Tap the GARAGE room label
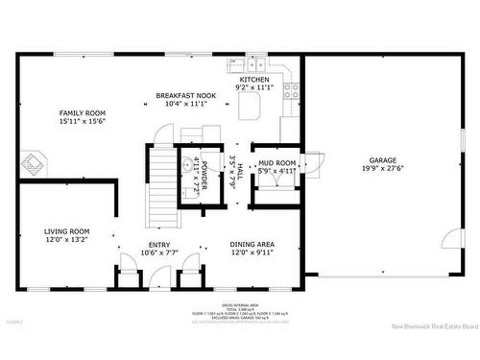[382, 160]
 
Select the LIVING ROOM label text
[66, 231]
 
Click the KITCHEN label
[253, 80]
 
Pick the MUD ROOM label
[277, 163]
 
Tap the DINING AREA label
[252, 245]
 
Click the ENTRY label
[159, 245]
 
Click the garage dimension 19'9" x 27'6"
[382, 169]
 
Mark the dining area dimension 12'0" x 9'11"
[252, 253]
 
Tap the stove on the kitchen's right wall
[292, 93]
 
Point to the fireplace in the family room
[36, 162]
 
